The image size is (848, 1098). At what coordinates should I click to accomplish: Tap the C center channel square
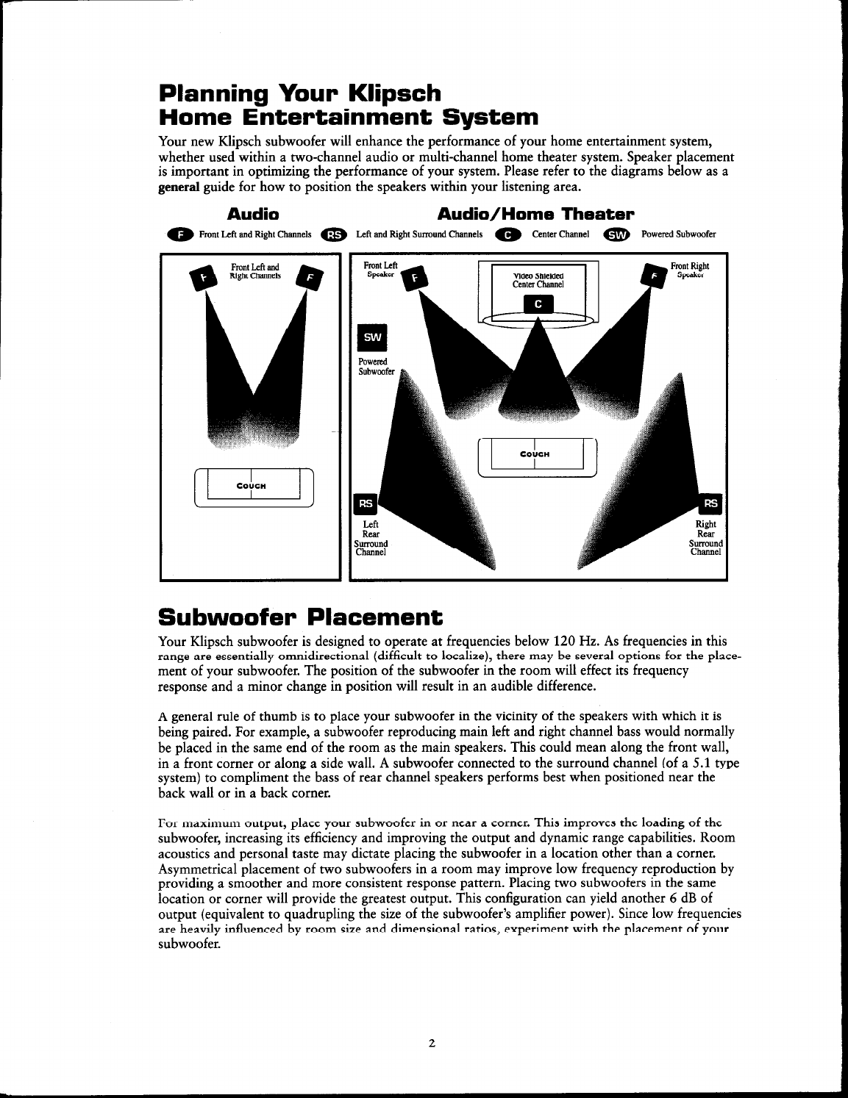point(538,304)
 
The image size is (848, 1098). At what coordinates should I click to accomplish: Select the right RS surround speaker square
point(712,503)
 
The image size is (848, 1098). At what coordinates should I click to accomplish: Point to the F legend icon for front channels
point(179,235)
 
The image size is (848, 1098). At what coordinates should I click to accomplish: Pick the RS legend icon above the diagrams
point(333,235)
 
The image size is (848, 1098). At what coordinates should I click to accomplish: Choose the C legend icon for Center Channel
point(507,235)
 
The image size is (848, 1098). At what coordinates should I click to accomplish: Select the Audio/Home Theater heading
point(535,214)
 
